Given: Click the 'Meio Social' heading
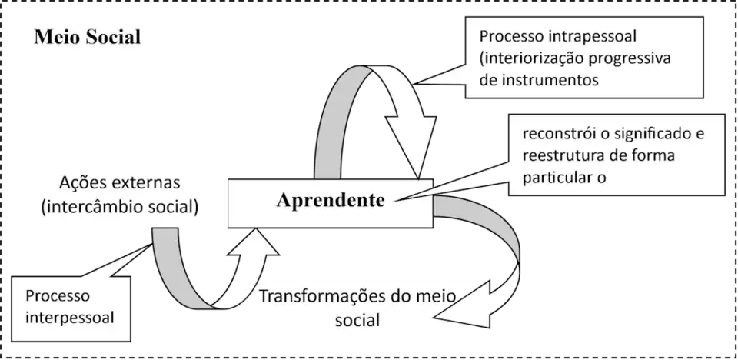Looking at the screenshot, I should (87, 37).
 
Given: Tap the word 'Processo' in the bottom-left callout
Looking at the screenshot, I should (58, 296).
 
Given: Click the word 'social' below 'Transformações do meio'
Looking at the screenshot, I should (358, 318).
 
